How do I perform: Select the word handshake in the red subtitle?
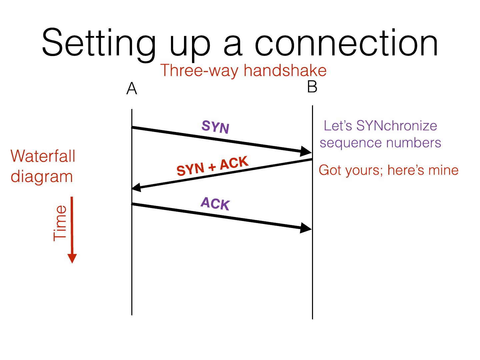click(x=285, y=71)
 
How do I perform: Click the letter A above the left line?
click(x=132, y=89)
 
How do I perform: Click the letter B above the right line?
click(x=312, y=87)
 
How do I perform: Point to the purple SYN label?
click(x=215, y=127)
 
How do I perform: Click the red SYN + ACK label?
click(x=212, y=166)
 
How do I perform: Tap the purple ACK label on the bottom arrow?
click(x=215, y=204)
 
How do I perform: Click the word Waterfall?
click(x=43, y=156)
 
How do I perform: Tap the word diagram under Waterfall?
click(x=42, y=176)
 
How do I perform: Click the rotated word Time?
click(x=60, y=223)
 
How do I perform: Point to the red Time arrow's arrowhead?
click(x=72, y=258)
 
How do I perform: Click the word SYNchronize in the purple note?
click(x=396, y=126)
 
